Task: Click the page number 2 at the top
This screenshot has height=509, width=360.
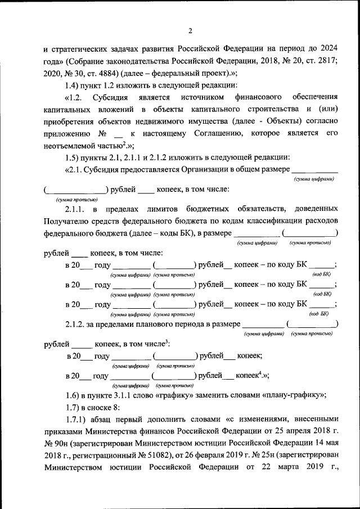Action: click(x=190, y=30)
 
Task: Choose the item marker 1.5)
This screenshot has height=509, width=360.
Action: click(x=74, y=159)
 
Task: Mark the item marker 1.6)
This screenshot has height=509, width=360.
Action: click(x=74, y=394)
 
